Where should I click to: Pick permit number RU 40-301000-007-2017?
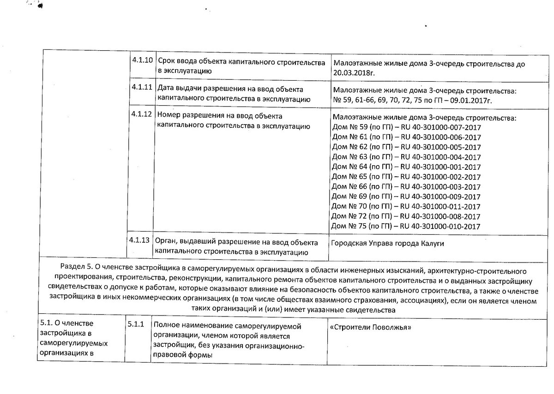(440, 127)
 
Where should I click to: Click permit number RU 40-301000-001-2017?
(440, 167)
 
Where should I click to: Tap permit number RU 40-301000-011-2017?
(440, 207)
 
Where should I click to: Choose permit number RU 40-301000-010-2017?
(440, 227)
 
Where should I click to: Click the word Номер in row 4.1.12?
(169, 115)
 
